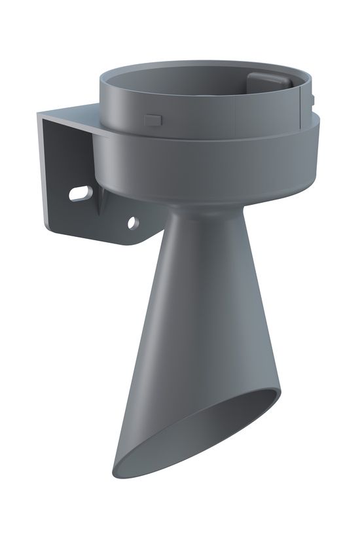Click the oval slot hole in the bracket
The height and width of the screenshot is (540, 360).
pyautogui.click(x=80, y=193)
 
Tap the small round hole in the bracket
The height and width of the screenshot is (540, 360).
pyautogui.click(x=132, y=223)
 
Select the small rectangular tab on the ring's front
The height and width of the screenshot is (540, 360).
pyautogui.click(x=153, y=120)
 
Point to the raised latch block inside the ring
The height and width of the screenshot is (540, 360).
pyautogui.click(x=267, y=82)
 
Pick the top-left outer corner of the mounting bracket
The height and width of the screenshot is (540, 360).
pyautogui.click(x=39, y=113)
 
